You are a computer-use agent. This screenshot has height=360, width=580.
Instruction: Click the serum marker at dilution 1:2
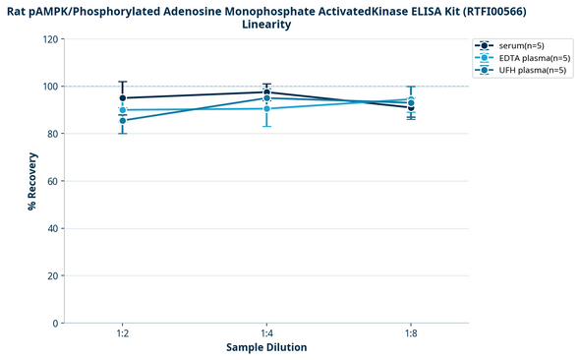click(x=122, y=98)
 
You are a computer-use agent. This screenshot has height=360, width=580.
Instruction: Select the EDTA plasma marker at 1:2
click(x=122, y=110)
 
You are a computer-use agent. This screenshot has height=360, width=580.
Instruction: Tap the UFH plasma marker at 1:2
click(x=122, y=121)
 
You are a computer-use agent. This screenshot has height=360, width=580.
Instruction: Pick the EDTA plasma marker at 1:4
click(x=266, y=108)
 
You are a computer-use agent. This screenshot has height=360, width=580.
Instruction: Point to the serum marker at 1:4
click(x=266, y=92)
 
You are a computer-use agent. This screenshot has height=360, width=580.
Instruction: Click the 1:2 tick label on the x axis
click(x=122, y=334)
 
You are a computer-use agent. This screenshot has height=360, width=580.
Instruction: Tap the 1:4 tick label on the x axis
click(x=266, y=334)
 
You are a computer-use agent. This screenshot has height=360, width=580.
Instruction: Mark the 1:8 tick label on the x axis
click(x=411, y=334)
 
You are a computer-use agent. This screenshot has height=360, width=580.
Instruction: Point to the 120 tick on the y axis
click(x=48, y=39)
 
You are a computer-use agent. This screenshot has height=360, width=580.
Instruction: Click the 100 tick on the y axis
click(x=48, y=87)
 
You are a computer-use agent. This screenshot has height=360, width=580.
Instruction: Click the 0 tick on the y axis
click(x=54, y=323)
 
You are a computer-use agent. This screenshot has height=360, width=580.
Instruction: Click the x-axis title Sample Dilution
click(x=266, y=348)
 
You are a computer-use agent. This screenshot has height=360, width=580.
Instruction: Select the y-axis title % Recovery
click(x=32, y=181)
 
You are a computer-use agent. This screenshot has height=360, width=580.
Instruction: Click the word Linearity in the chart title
click(x=266, y=25)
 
